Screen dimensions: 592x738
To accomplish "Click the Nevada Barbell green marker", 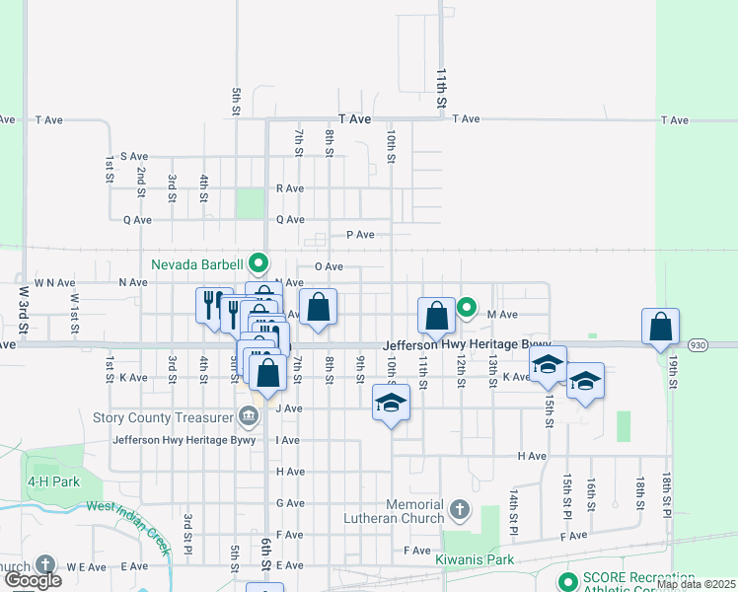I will pos(258,263).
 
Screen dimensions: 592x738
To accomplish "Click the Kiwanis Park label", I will pos(475,559).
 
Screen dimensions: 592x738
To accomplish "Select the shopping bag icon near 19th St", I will pos(660,326).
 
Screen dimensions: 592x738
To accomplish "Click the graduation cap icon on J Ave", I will pos(392,403).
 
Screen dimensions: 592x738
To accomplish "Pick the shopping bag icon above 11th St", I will pos(436,316).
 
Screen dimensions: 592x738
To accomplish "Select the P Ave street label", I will pos(360,235).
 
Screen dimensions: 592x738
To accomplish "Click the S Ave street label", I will pos(133,156).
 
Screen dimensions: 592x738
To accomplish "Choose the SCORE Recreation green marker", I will pos(566,580).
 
